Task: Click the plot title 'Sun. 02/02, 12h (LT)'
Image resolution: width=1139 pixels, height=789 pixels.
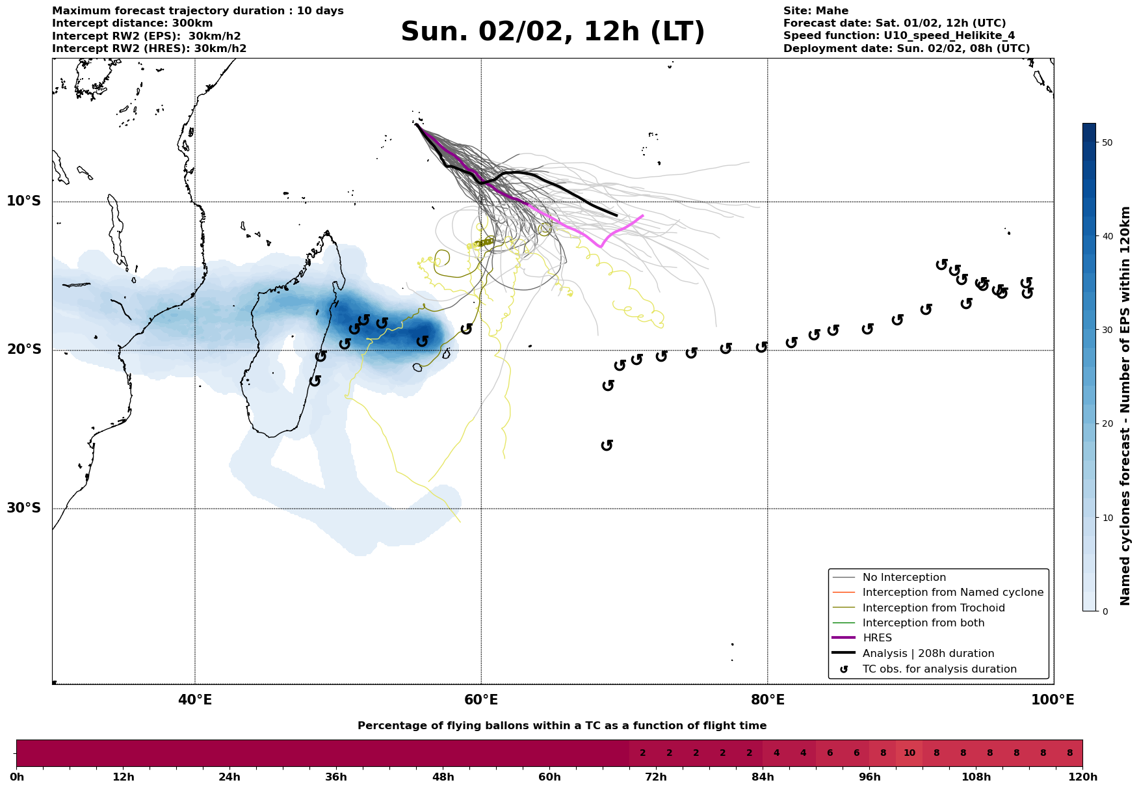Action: (553, 32)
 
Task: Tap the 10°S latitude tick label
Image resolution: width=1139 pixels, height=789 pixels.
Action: (24, 201)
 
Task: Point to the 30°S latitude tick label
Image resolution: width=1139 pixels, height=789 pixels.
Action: (24, 508)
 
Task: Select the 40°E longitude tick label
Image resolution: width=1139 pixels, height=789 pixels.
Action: (194, 700)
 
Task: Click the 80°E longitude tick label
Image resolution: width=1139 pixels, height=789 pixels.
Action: (767, 700)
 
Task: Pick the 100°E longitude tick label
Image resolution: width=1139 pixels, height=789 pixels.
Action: (1053, 700)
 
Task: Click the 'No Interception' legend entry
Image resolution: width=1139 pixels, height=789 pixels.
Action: (904, 578)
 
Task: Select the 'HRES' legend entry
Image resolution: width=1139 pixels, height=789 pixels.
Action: (877, 638)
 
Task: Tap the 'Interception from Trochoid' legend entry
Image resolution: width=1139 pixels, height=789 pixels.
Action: (933, 608)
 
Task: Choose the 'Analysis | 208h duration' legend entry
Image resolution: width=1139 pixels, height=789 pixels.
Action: (928, 654)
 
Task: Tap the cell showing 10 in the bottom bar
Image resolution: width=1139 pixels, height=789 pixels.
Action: (909, 753)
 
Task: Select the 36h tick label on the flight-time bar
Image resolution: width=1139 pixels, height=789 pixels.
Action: (336, 777)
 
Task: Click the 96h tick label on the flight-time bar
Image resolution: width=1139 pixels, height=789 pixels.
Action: (870, 777)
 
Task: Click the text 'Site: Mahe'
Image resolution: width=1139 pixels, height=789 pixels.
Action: (815, 11)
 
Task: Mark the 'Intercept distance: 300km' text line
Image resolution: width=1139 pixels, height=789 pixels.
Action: (133, 23)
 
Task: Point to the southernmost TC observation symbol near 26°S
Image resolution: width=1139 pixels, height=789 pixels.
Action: (607, 446)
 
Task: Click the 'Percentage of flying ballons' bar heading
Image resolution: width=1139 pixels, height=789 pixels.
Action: (562, 726)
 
